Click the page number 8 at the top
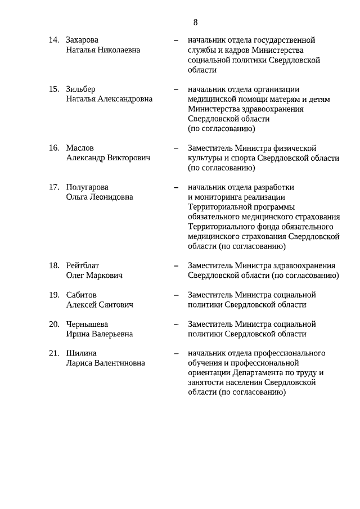click(195, 22)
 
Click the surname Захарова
click(82, 40)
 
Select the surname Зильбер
click(80, 89)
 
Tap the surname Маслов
click(80, 148)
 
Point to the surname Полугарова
click(87, 187)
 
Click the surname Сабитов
click(81, 295)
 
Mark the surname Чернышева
click(87, 325)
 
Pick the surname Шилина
click(81, 354)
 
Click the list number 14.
click(54, 40)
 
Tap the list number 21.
click(54, 354)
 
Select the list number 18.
click(54, 265)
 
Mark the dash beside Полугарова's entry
click(176, 187)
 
